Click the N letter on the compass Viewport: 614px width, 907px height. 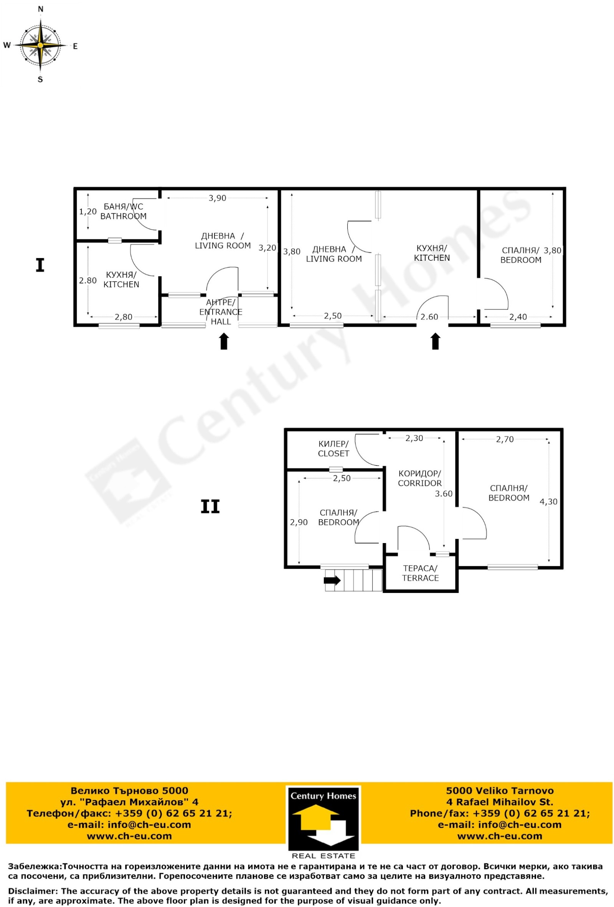pos(40,9)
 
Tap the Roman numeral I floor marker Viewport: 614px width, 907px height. pos(40,265)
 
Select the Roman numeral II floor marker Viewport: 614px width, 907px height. pos(210,507)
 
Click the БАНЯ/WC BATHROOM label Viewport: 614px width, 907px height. pos(123,211)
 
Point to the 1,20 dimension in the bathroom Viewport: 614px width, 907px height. pos(88,212)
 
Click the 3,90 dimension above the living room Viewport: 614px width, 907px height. pos(217,198)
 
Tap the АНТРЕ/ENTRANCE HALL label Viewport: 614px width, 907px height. pos(221,312)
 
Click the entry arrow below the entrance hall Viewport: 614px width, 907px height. pos(224,341)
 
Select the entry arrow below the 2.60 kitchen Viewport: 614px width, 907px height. pos(436,341)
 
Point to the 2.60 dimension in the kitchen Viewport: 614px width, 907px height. pos(429,317)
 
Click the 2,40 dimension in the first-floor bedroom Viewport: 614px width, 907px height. pos(518,317)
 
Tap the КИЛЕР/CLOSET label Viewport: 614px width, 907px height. pos(333,448)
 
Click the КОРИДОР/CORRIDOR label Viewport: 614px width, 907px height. pos(419,478)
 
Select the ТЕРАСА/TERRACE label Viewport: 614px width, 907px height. pos(420,573)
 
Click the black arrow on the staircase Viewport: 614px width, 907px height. pos(332,580)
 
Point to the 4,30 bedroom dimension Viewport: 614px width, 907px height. pos(548,502)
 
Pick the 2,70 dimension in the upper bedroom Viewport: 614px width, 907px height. pos(505,440)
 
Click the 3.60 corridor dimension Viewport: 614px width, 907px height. pos(444,494)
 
